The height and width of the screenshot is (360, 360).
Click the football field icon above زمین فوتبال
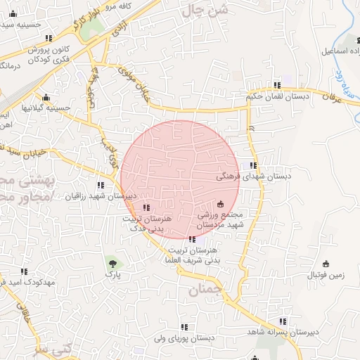click(x=325, y=264)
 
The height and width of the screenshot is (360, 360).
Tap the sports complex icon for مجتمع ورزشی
click(x=219, y=203)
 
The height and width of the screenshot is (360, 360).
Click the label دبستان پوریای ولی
click(x=185, y=338)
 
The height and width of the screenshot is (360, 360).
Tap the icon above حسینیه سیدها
click(x=47, y=38)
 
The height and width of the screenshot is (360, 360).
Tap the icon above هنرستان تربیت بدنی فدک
click(x=146, y=207)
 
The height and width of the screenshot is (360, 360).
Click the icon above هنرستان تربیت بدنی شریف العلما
click(x=193, y=239)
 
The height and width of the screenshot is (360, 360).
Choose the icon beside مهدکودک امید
click(x=24, y=271)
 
